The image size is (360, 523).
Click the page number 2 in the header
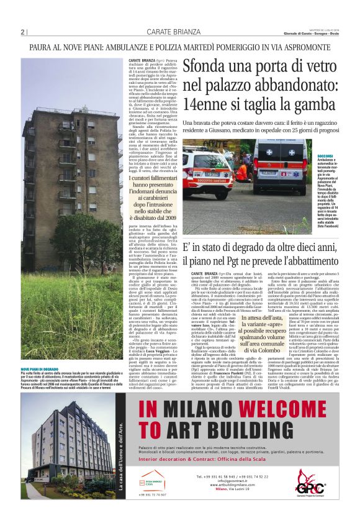point(22,32)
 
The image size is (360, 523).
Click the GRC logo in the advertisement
point(307,480)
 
